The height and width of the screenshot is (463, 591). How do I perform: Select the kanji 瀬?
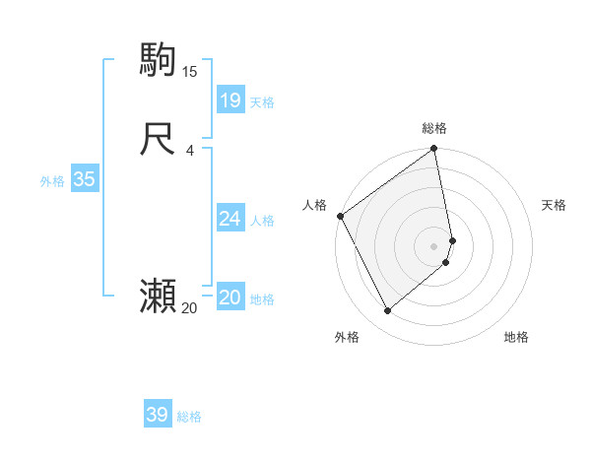coord(159,296)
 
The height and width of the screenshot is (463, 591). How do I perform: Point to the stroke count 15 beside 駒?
coord(190,72)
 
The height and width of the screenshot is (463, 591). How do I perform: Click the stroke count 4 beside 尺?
coord(189,151)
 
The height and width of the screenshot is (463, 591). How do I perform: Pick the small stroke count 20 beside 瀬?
coord(189,308)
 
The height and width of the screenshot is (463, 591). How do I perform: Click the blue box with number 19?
coord(230,99)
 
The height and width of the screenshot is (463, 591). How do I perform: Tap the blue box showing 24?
coord(230,218)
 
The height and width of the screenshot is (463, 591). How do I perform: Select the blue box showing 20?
coord(230,298)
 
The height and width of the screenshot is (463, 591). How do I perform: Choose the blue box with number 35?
coord(84,179)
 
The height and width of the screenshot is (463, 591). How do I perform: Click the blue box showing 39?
coord(158,415)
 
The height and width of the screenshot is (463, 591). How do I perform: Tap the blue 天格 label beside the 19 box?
coord(262,102)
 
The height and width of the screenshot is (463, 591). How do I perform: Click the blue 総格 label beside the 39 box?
coord(189,418)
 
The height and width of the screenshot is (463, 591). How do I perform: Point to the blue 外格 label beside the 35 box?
coord(52,181)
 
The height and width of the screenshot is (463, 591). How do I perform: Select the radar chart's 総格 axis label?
coord(434,128)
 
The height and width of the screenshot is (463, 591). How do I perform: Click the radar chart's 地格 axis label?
coord(516,337)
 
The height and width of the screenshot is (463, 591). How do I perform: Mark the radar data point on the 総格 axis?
coord(434,150)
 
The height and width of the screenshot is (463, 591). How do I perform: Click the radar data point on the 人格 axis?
coord(340,216)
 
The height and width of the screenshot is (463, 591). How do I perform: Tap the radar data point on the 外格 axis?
coord(387,311)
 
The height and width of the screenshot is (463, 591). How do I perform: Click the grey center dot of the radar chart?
coord(434,245)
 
